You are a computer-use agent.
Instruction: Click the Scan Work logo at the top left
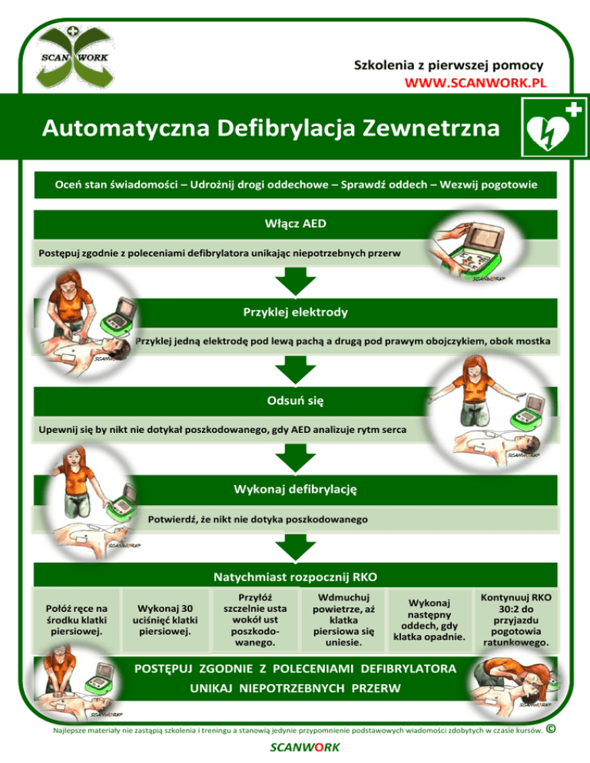coord(75,57)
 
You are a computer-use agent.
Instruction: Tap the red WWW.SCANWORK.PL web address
coord(475,83)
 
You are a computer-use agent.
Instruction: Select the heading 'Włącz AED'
coord(295,224)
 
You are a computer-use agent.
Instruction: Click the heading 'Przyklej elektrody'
coord(295,312)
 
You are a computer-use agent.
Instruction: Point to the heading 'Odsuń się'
coord(295,401)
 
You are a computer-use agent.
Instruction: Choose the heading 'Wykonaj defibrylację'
coord(295,490)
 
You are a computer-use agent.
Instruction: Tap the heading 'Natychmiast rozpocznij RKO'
coord(295,577)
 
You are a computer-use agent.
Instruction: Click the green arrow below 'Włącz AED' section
coord(295,282)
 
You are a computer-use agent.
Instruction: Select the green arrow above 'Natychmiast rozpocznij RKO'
coord(295,547)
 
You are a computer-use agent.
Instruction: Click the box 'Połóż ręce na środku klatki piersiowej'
coord(77,620)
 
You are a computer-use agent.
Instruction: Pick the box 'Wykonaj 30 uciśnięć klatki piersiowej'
coord(165,620)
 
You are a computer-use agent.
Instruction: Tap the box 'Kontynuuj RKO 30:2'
coord(516,620)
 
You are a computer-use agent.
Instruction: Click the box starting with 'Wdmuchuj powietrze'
coord(343,620)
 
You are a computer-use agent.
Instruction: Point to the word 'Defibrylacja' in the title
coord(286,128)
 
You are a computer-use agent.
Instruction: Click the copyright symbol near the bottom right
coord(551,729)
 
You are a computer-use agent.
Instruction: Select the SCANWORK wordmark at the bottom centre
coord(305,748)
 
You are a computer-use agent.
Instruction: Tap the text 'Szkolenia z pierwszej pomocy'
coord(449,65)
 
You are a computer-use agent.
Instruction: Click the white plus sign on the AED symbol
coord(573,110)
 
